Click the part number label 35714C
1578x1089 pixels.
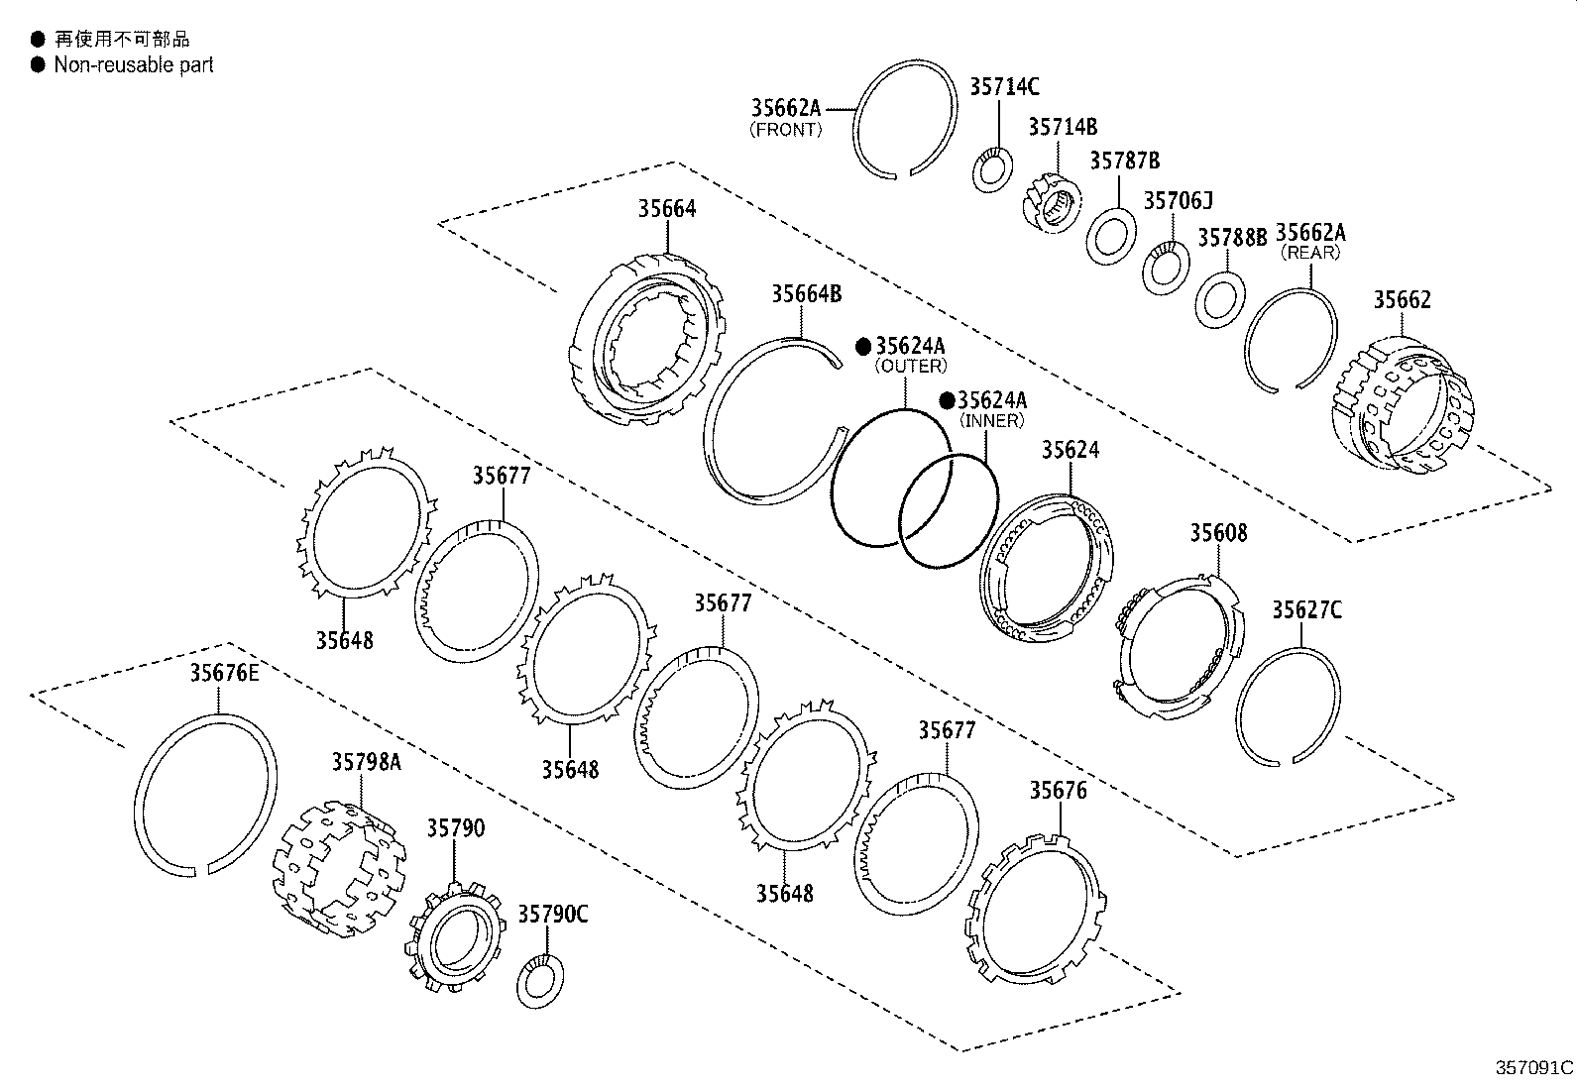pos(1003,87)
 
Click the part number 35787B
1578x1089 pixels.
pos(1124,161)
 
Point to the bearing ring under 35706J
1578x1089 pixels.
pos(1166,268)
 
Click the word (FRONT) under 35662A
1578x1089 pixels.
pos(786,130)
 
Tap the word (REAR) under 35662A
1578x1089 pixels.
pos(1309,253)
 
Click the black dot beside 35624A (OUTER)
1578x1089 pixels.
pos(863,346)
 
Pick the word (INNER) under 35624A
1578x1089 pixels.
pos(991,421)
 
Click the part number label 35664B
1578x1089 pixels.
pos(806,294)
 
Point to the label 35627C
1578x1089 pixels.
pos(1306,610)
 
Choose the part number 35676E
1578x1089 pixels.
pos(224,674)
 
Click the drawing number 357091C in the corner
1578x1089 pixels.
pos(1533,1068)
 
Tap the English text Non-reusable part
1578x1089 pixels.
pos(134,65)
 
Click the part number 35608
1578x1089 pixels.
pos(1218,534)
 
